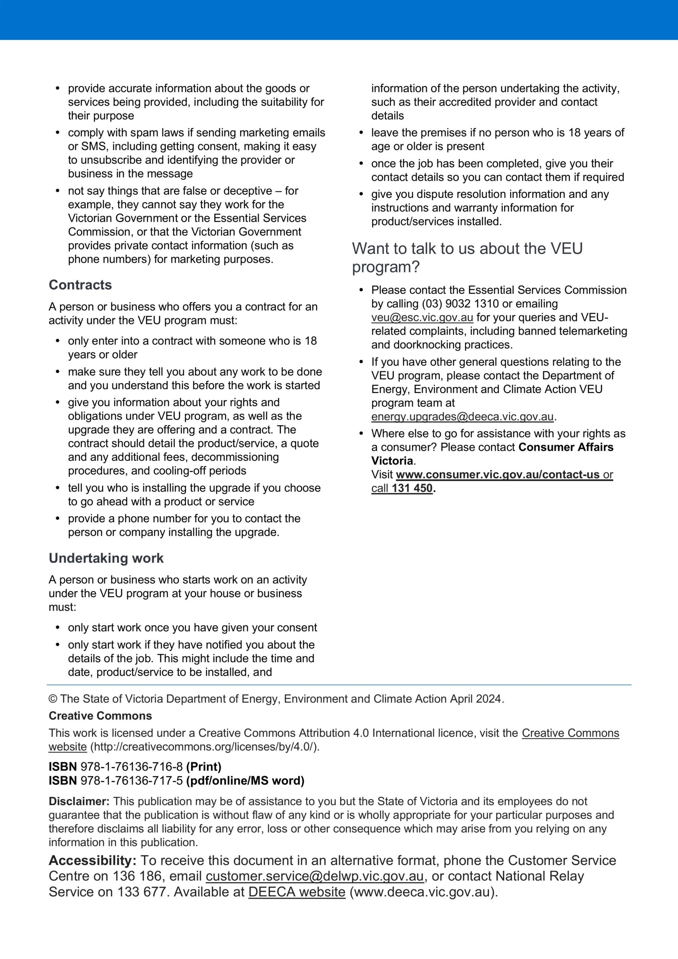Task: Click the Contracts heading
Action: coord(80,285)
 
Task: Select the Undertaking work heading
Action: coord(106,558)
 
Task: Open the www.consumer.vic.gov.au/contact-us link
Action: coord(497,475)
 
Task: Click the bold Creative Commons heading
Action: coord(100,716)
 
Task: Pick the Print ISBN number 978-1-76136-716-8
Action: coord(131,766)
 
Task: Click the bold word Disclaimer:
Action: coord(79,801)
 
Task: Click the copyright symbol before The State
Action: coord(53,699)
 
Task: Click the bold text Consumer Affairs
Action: coord(566,447)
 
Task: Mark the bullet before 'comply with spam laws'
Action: coord(58,133)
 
